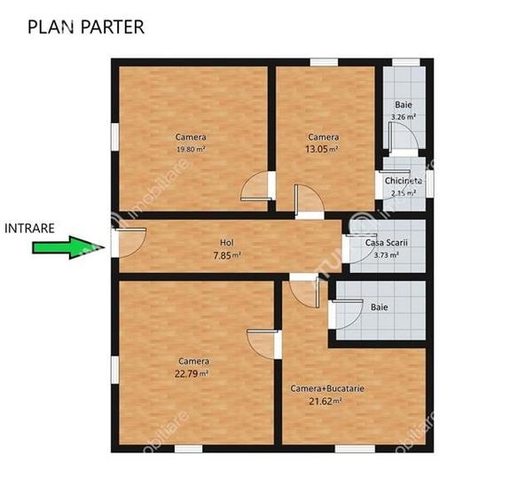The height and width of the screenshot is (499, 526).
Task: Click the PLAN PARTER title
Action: click(x=86, y=27)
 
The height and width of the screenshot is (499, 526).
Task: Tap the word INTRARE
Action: click(x=30, y=228)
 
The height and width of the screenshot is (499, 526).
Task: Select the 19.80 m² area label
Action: click(x=191, y=150)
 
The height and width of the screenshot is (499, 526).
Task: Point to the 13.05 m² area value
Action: click(x=322, y=150)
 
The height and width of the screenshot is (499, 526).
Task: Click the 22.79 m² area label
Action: click(x=192, y=373)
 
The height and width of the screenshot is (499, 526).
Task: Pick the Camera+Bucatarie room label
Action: click(x=327, y=388)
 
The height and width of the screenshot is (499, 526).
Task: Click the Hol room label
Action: click(x=227, y=242)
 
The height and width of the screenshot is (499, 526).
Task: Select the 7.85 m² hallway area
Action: click(x=227, y=254)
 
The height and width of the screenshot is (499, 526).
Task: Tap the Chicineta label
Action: click(x=404, y=181)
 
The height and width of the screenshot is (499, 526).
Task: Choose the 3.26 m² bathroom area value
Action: click(x=404, y=116)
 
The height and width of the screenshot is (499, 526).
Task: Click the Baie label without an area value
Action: click(x=379, y=308)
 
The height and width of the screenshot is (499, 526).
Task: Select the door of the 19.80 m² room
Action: click(x=255, y=186)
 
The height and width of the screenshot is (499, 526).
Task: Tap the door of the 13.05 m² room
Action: click(x=308, y=200)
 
